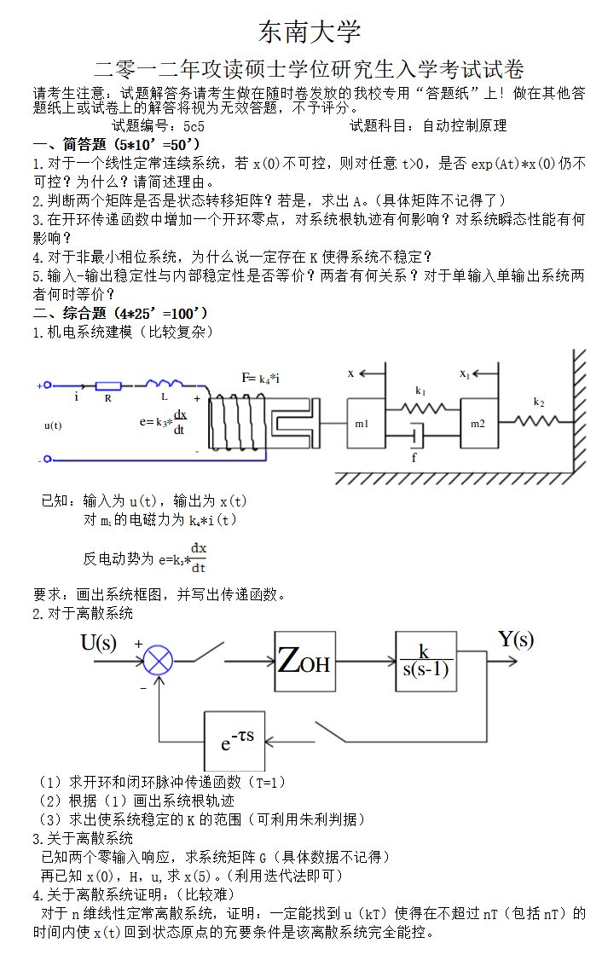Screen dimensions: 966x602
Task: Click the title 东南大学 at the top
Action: click(310, 32)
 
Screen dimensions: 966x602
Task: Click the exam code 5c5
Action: click(194, 126)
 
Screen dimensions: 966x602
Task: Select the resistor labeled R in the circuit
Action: click(107, 386)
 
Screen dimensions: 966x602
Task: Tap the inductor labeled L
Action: click(165, 384)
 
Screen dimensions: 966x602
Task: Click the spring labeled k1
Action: click(421, 408)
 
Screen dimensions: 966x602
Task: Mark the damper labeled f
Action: click(415, 437)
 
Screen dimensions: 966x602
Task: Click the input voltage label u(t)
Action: click(53, 425)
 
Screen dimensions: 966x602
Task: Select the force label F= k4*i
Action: click(261, 378)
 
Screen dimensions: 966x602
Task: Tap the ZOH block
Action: click(304, 661)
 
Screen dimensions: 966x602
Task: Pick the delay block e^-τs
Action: click(234, 741)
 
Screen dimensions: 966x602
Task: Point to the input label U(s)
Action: click(99, 643)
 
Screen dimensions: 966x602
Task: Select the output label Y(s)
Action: click(516, 639)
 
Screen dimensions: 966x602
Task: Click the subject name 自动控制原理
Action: click(465, 126)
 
